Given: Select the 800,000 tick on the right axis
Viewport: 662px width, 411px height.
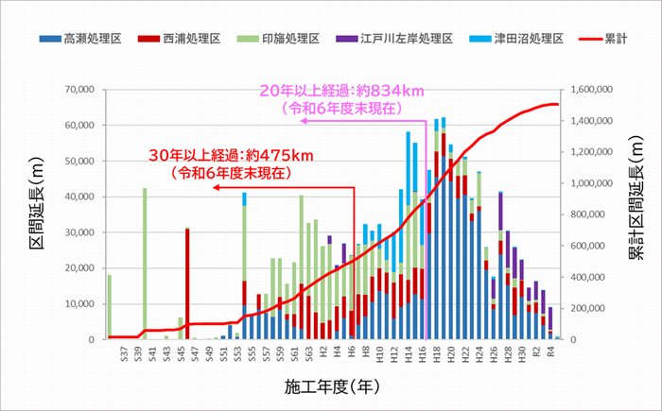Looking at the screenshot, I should point(598,214).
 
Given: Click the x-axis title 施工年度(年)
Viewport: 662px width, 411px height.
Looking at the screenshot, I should point(331,386).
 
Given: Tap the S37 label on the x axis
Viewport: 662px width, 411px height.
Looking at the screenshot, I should point(124,354).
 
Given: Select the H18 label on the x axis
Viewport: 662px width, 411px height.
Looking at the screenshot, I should point(437,354).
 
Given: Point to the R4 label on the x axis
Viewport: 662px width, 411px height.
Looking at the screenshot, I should point(549,354).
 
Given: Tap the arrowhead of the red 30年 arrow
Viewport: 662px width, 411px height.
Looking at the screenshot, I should point(215,187).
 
